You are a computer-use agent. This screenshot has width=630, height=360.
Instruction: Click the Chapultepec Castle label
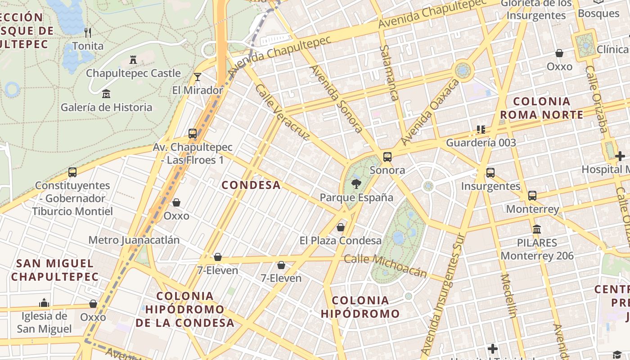click(x=133, y=73)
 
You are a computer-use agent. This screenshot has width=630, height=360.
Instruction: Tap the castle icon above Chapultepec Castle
click(x=133, y=59)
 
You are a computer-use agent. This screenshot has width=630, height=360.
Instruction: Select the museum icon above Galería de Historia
click(x=106, y=94)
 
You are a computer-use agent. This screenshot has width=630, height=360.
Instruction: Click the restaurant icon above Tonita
click(x=88, y=32)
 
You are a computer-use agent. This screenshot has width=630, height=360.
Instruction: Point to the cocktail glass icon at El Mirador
click(x=197, y=76)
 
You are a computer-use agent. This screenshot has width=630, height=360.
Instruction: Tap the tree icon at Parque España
click(x=356, y=184)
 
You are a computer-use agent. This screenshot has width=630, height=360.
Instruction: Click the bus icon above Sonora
click(x=387, y=157)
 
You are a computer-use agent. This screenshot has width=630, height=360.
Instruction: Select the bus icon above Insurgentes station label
click(x=490, y=172)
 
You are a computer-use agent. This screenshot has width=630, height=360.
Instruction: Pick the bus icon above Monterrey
click(x=532, y=195)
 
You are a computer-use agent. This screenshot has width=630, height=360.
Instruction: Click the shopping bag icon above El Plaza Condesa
click(x=341, y=227)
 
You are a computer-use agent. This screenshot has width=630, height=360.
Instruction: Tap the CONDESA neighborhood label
click(x=251, y=185)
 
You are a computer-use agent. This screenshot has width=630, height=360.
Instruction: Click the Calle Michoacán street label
click(x=385, y=265)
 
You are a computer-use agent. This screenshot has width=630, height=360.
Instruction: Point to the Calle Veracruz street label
click(x=282, y=112)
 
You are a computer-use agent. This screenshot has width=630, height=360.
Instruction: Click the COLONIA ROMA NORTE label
click(x=541, y=108)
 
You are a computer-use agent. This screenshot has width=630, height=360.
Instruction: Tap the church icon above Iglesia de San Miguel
click(x=44, y=302)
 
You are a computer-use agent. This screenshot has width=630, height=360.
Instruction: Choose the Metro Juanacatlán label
click(x=134, y=240)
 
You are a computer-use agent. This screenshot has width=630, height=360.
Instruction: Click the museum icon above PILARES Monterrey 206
click(x=537, y=229)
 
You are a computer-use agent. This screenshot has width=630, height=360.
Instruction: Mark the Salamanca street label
click(x=389, y=72)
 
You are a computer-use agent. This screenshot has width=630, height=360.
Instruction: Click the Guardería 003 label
click(x=481, y=143)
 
